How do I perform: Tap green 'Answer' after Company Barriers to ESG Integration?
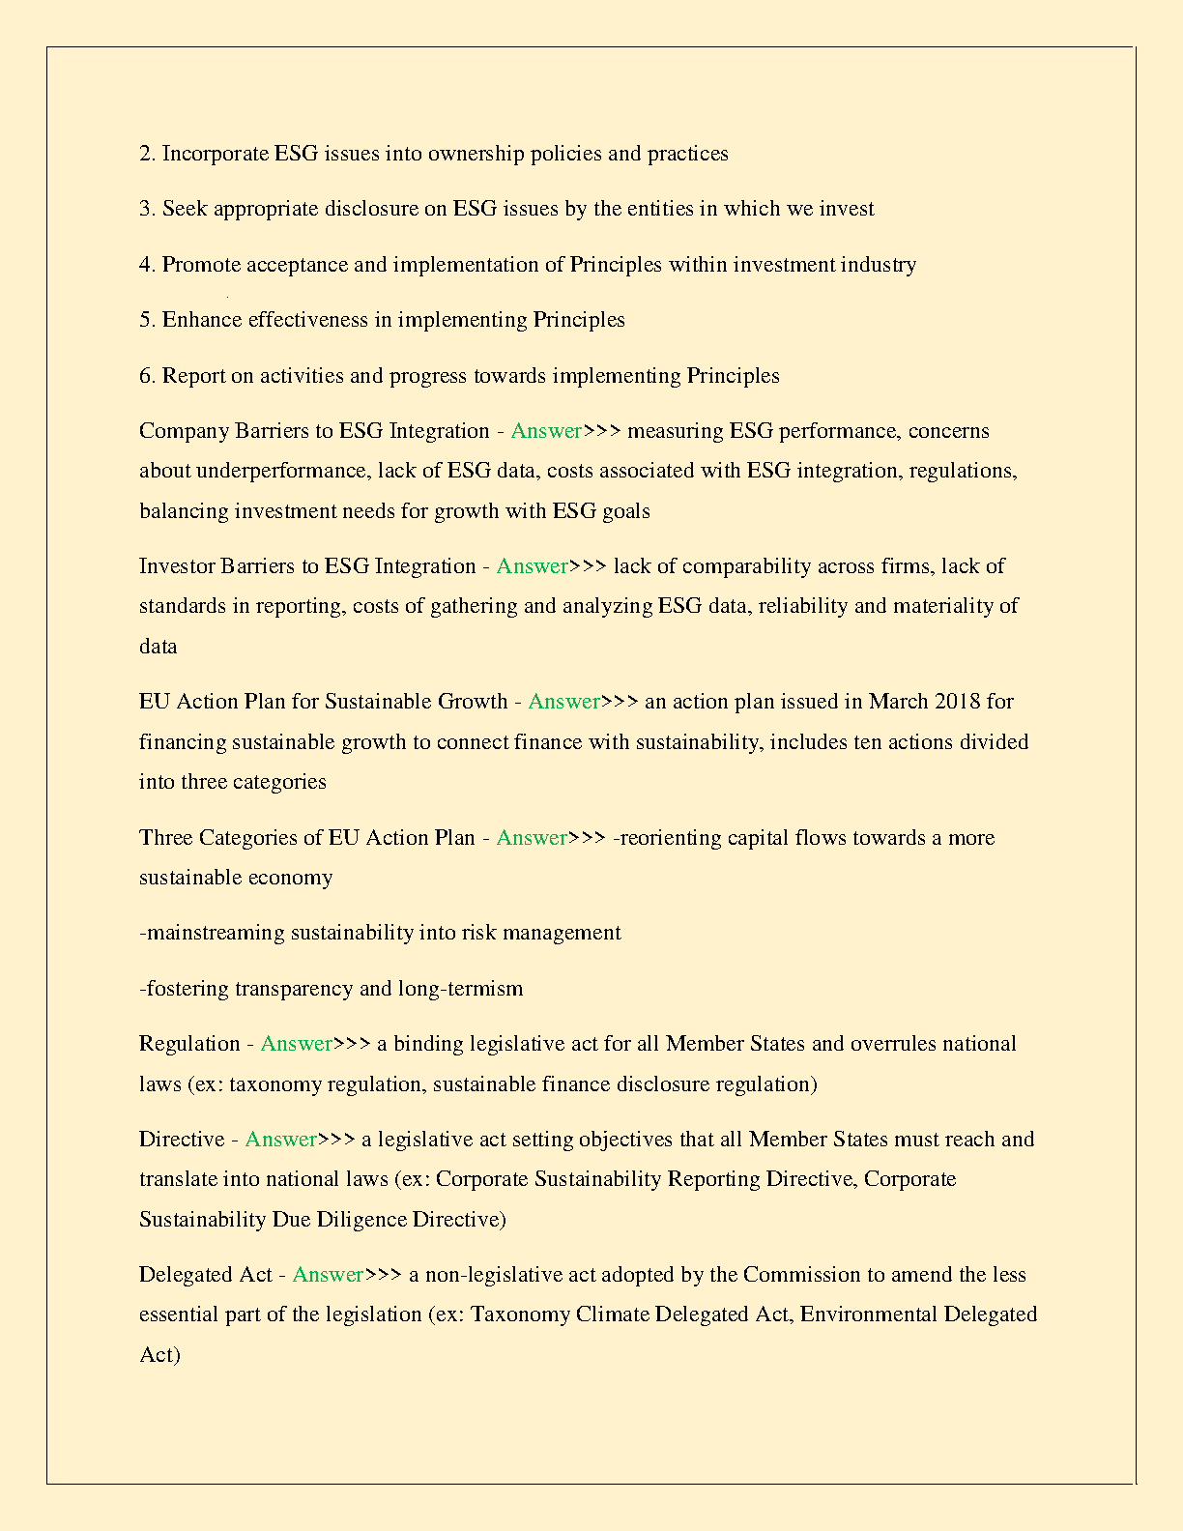click(546, 431)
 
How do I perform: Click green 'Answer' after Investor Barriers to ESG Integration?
click(532, 566)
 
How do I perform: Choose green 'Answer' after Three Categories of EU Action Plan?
click(532, 838)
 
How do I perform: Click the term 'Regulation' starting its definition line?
click(189, 1044)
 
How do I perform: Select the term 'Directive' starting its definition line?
click(182, 1140)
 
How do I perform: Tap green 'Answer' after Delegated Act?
click(328, 1275)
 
